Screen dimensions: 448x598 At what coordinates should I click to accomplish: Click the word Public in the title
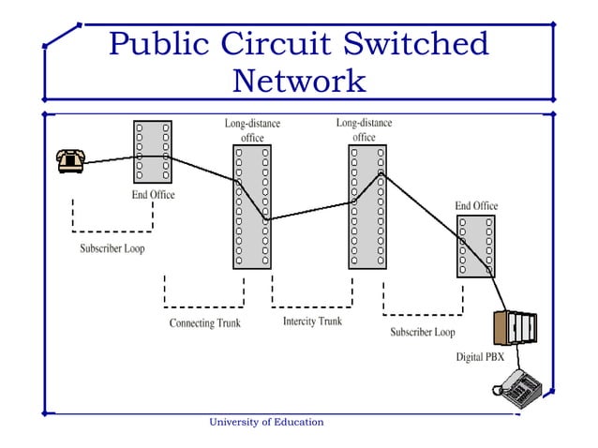tap(158, 44)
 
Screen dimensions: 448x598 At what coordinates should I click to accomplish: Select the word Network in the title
tap(299, 81)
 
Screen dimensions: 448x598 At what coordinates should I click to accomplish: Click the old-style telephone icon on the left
tap(69, 161)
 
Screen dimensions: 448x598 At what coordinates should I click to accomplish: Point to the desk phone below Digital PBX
tap(520, 385)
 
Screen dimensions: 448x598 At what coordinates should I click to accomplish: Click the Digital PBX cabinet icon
tap(516, 328)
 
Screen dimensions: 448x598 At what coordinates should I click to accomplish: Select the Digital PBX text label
tap(480, 357)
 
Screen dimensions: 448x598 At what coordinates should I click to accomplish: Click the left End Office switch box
tap(152, 151)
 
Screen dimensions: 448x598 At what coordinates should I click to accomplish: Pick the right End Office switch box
tap(475, 246)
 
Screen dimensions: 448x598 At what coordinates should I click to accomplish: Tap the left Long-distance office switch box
tap(251, 206)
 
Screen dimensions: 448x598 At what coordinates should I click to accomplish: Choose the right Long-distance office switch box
tap(366, 206)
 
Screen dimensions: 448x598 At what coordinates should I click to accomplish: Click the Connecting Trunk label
tap(204, 323)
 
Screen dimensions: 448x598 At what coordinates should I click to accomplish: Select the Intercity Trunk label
tap(312, 321)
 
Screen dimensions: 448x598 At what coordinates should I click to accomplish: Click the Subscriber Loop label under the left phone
tap(112, 249)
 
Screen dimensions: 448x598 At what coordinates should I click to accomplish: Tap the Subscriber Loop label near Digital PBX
tap(423, 332)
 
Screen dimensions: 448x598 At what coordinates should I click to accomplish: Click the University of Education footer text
tap(266, 422)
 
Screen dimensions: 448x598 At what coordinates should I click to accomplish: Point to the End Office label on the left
tap(152, 195)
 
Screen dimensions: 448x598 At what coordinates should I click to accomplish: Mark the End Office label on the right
tap(476, 205)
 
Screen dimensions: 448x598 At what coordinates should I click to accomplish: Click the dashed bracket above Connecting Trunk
tap(204, 304)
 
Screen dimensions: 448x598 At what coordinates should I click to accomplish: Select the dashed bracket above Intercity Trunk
tap(312, 304)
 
